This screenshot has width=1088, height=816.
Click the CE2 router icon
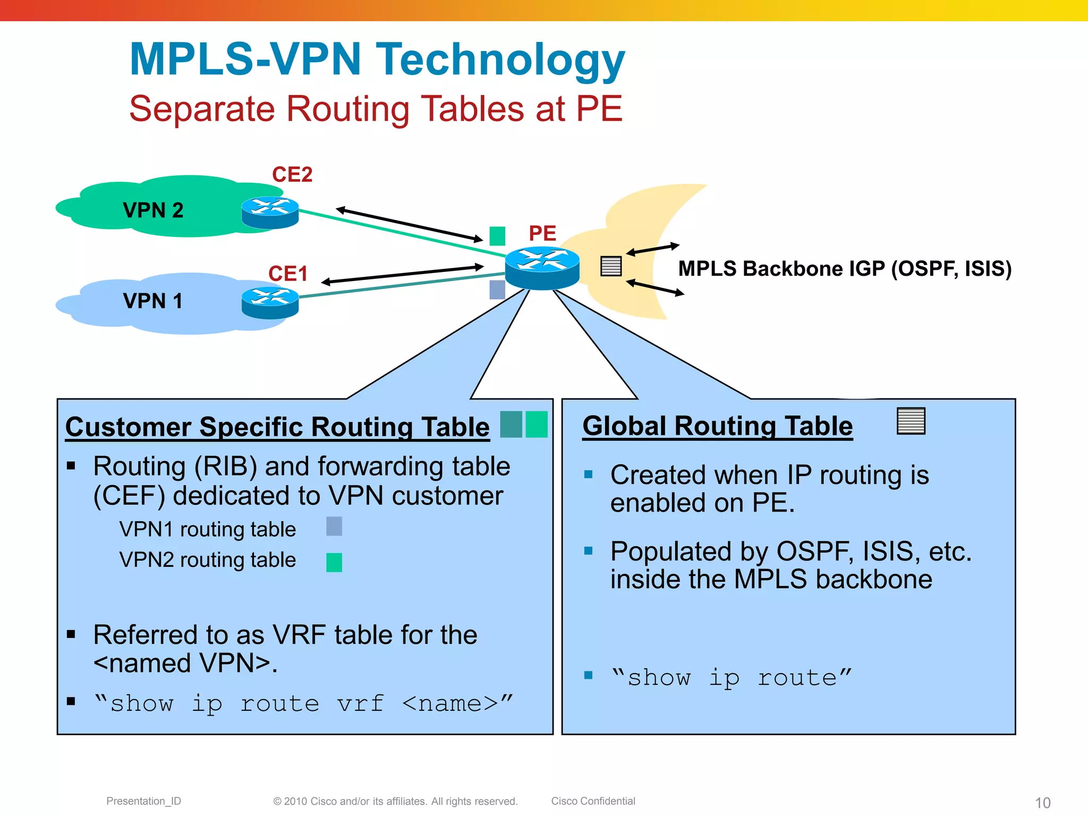[x=270, y=212]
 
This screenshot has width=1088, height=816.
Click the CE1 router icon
[x=270, y=303]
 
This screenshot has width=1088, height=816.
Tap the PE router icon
[x=542, y=267]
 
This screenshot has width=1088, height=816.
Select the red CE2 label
[x=292, y=174]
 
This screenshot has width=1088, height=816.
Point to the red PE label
[x=542, y=233]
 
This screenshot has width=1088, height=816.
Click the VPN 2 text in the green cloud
[x=153, y=210]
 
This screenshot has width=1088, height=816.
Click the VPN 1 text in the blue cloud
[x=152, y=301]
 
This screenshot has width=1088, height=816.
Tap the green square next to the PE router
[x=497, y=236]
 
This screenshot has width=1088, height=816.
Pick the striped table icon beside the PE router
[x=611, y=266]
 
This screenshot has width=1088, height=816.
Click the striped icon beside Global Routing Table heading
[x=911, y=421]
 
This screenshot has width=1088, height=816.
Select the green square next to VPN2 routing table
[x=334, y=562]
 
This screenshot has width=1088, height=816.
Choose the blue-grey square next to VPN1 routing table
[x=334, y=526]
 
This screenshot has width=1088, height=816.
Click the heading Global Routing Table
[x=717, y=426]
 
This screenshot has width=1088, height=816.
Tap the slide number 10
[x=1042, y=803]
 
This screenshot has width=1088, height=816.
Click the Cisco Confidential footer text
[x=593, y=801]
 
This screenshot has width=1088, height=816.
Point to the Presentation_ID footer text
[x=143, y=801]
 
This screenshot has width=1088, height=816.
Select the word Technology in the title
[x=500, y=59]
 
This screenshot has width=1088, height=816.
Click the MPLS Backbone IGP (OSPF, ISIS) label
[x=845, y=269]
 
